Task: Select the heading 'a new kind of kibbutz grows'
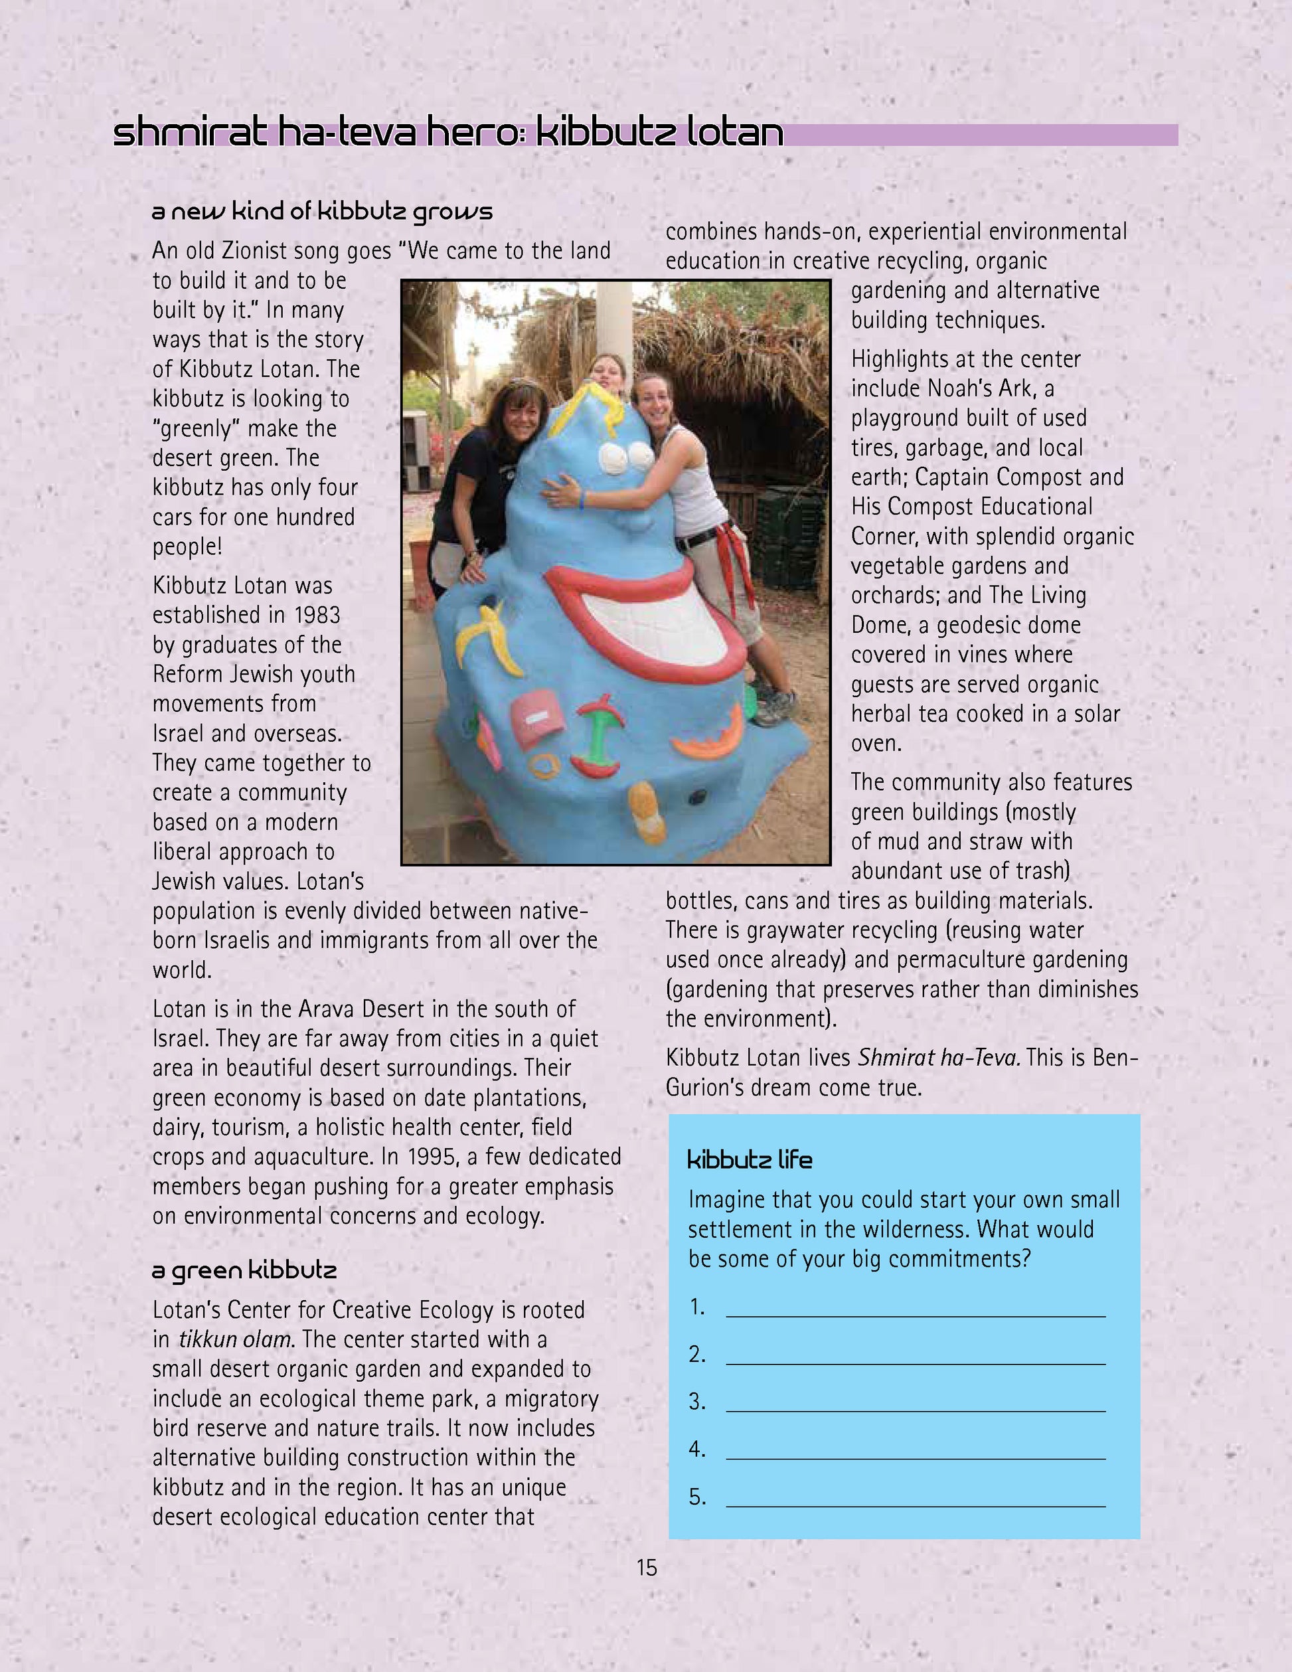pos(322,212)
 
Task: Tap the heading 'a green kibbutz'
pos(244,1271)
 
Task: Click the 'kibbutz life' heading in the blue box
pos(750,1160)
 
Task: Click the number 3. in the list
pos(696,1402)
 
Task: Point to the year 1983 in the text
pos(315,615)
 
